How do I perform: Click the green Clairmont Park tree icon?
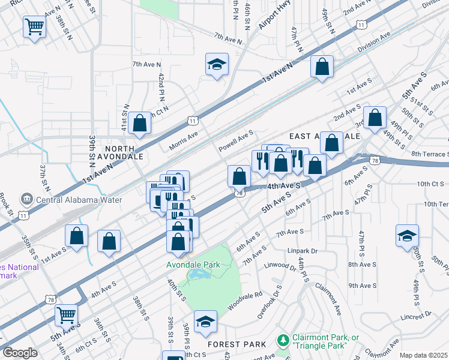point(283,341)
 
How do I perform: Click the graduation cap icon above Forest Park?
point(205,322)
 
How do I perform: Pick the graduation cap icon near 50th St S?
point(407,235)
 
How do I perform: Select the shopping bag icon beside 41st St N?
point(139,124)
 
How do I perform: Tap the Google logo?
point(20,353)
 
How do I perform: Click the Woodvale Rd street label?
point(245,301)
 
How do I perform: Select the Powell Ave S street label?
point(236,142)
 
